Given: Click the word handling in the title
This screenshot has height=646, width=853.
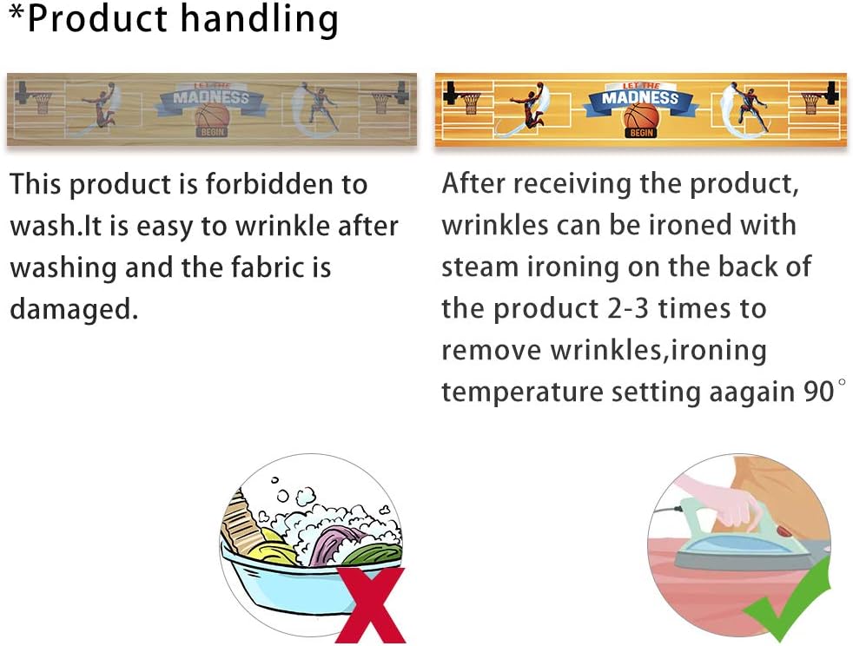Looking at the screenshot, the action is [259, 21].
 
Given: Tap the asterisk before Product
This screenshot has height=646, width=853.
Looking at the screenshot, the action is [17, 13].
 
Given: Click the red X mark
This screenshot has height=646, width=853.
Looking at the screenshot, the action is [370, 604].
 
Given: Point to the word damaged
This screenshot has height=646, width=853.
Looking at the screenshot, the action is [74, 309].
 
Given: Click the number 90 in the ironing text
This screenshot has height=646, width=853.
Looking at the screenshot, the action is [818, 391].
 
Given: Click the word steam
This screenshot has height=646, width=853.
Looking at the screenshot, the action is [479, 267].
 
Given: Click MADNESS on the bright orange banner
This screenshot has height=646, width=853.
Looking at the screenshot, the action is [640, 98].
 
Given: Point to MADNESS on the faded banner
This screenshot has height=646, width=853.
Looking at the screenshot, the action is [211, 98].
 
